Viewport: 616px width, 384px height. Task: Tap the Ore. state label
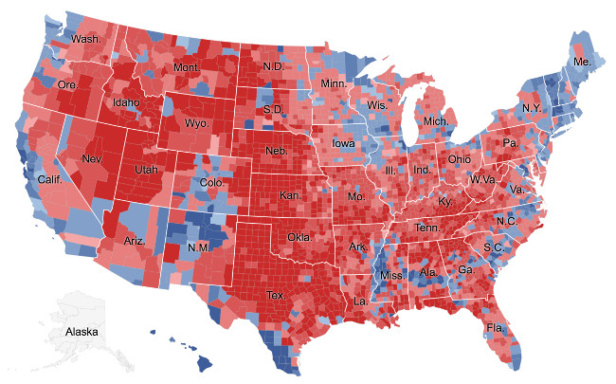coord(67,84)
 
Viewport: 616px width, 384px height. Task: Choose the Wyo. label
coord(197,123)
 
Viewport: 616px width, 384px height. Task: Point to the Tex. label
coord(276,295)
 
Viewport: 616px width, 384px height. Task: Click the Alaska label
coord(81,332)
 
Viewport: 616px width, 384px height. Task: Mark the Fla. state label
coord(495,328)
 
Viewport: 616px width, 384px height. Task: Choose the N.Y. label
coord(533,108)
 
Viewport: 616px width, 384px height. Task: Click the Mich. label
coord(436,122)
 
